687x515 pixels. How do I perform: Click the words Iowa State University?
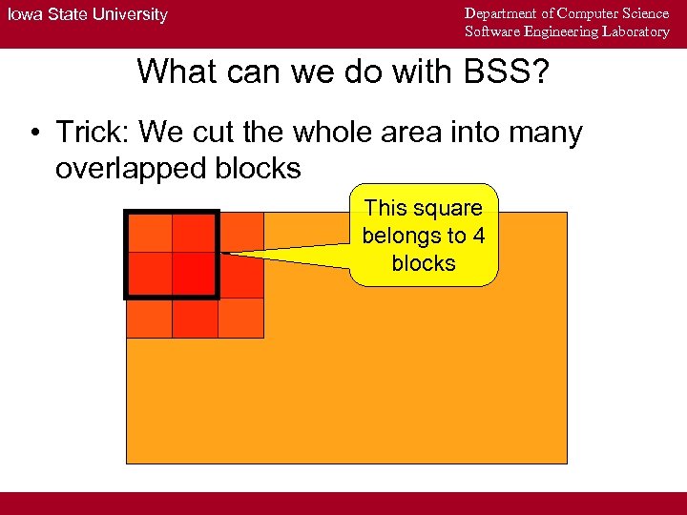pos(87,14)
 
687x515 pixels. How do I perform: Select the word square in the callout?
pos(448,208)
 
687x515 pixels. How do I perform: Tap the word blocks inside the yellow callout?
pos(424,263)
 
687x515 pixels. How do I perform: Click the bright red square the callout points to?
pos(195,275)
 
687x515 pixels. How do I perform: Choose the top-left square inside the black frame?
pos(150,232)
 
